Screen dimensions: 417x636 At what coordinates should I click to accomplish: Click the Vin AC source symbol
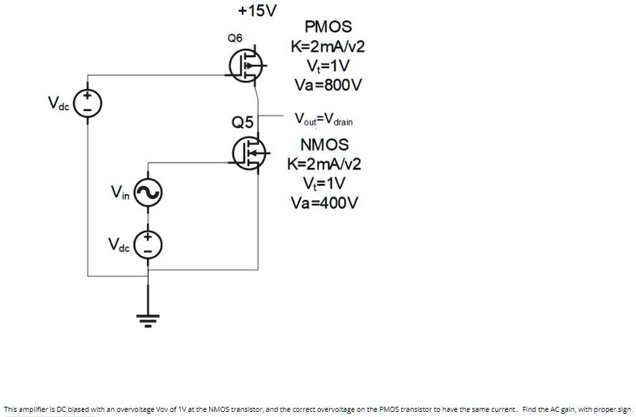[148, 194]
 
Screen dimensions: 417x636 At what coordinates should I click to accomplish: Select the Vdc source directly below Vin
[148, 245]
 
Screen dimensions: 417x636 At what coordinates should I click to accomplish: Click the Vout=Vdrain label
[323, 119]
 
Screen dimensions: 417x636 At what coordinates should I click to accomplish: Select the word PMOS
[328, 27]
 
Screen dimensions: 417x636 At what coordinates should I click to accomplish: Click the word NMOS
[325, 144]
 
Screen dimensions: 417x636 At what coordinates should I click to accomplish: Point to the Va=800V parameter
[328, 85]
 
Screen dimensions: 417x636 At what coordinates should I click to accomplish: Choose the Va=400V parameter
[325, 202]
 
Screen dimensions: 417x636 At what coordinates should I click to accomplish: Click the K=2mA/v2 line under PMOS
[328, 47]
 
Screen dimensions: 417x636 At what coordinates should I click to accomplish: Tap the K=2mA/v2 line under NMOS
[325, 163]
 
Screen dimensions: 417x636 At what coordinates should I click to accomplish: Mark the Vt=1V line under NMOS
[325, 183]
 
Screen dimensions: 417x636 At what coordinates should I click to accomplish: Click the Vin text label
[119, 192]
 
